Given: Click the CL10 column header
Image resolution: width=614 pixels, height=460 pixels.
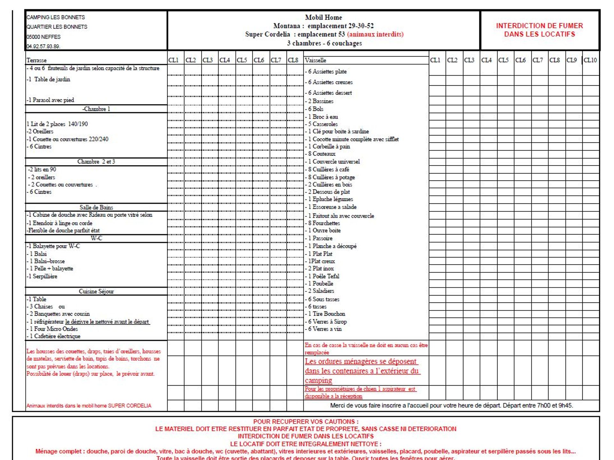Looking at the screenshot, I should click(x=590, y=60).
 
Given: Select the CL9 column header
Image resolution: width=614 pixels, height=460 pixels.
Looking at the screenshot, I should click(x=571, y=60).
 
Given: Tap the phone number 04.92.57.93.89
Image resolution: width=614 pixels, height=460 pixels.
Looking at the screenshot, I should click(x=43, y=46).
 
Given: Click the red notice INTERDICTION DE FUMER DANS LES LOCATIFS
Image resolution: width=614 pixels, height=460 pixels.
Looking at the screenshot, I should click(x=539, y=30).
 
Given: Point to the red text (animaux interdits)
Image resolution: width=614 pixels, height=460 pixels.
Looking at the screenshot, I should click(x=375, y=34).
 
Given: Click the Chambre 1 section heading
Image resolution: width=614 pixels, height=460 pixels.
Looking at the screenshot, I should click(x=96, y=109).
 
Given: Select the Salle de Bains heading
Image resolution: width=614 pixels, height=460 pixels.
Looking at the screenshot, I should click(x=96, y=207).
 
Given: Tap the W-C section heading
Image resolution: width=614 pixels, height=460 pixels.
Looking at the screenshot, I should click(x=96, y=238).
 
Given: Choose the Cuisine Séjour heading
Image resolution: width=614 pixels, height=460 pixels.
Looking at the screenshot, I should click(x=96, y=291).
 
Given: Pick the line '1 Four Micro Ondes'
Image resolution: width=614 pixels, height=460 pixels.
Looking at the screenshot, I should click(x=53, y=329).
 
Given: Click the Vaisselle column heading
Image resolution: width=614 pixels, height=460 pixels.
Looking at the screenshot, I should click(x=315, y=60).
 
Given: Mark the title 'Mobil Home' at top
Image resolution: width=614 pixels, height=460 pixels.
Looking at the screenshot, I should click(x=323, y=17).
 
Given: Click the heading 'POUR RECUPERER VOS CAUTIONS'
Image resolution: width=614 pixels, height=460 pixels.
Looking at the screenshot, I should click(x=306, y=421).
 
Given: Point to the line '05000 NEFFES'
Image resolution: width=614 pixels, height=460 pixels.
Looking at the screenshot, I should click(x=43, y=37).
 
